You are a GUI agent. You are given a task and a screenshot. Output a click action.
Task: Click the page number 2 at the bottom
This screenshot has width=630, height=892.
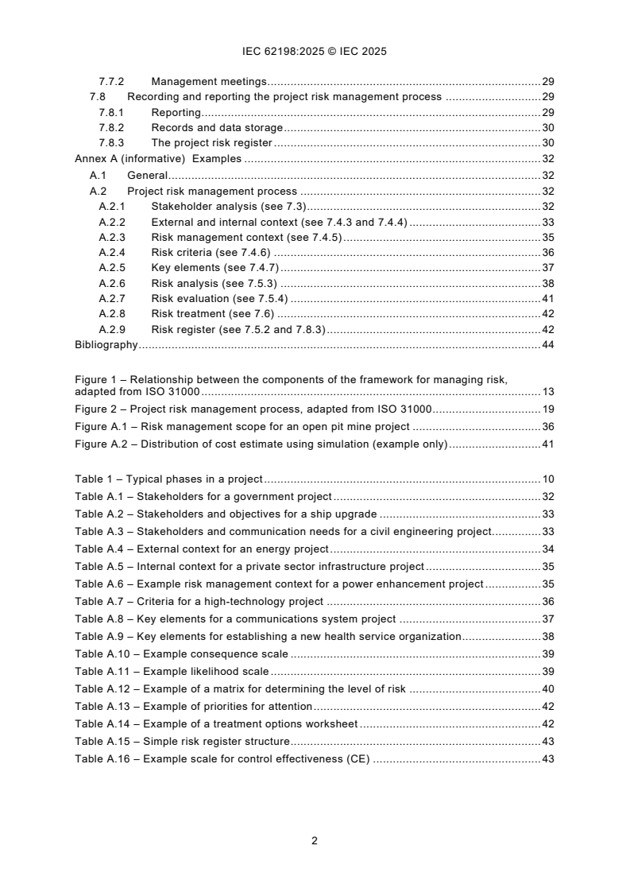click(x=315, y=840)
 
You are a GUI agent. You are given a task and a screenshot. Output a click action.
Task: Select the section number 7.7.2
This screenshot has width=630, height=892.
click(x=111, y=81)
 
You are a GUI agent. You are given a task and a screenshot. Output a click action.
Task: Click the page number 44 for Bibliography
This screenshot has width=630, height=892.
click(x=547, y=345)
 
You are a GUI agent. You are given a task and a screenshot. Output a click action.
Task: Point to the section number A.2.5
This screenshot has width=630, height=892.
click(x=112, y=268)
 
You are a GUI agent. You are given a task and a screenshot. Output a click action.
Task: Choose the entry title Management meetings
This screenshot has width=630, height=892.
click(x=208, y=81)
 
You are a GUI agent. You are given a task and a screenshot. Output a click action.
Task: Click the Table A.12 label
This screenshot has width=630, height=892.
click(x=102, y=689)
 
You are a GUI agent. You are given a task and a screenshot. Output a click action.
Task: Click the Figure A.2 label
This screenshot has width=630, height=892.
click(x=99, y=444)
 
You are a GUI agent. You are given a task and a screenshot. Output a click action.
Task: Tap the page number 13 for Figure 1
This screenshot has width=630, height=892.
click(x=547, y=392)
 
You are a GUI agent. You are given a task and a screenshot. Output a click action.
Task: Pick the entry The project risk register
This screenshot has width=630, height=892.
click(x=211, y=143)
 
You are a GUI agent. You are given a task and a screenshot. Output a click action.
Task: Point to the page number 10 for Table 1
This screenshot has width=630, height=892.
click(x=547, y=479)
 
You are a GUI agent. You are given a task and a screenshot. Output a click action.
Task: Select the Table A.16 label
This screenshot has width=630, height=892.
click(x=102, y=759)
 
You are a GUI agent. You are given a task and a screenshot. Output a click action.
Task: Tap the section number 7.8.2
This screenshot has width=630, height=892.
click(x=111, y=128)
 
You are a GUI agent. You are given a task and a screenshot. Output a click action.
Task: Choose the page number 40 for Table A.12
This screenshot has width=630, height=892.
click(x=547, y=689)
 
